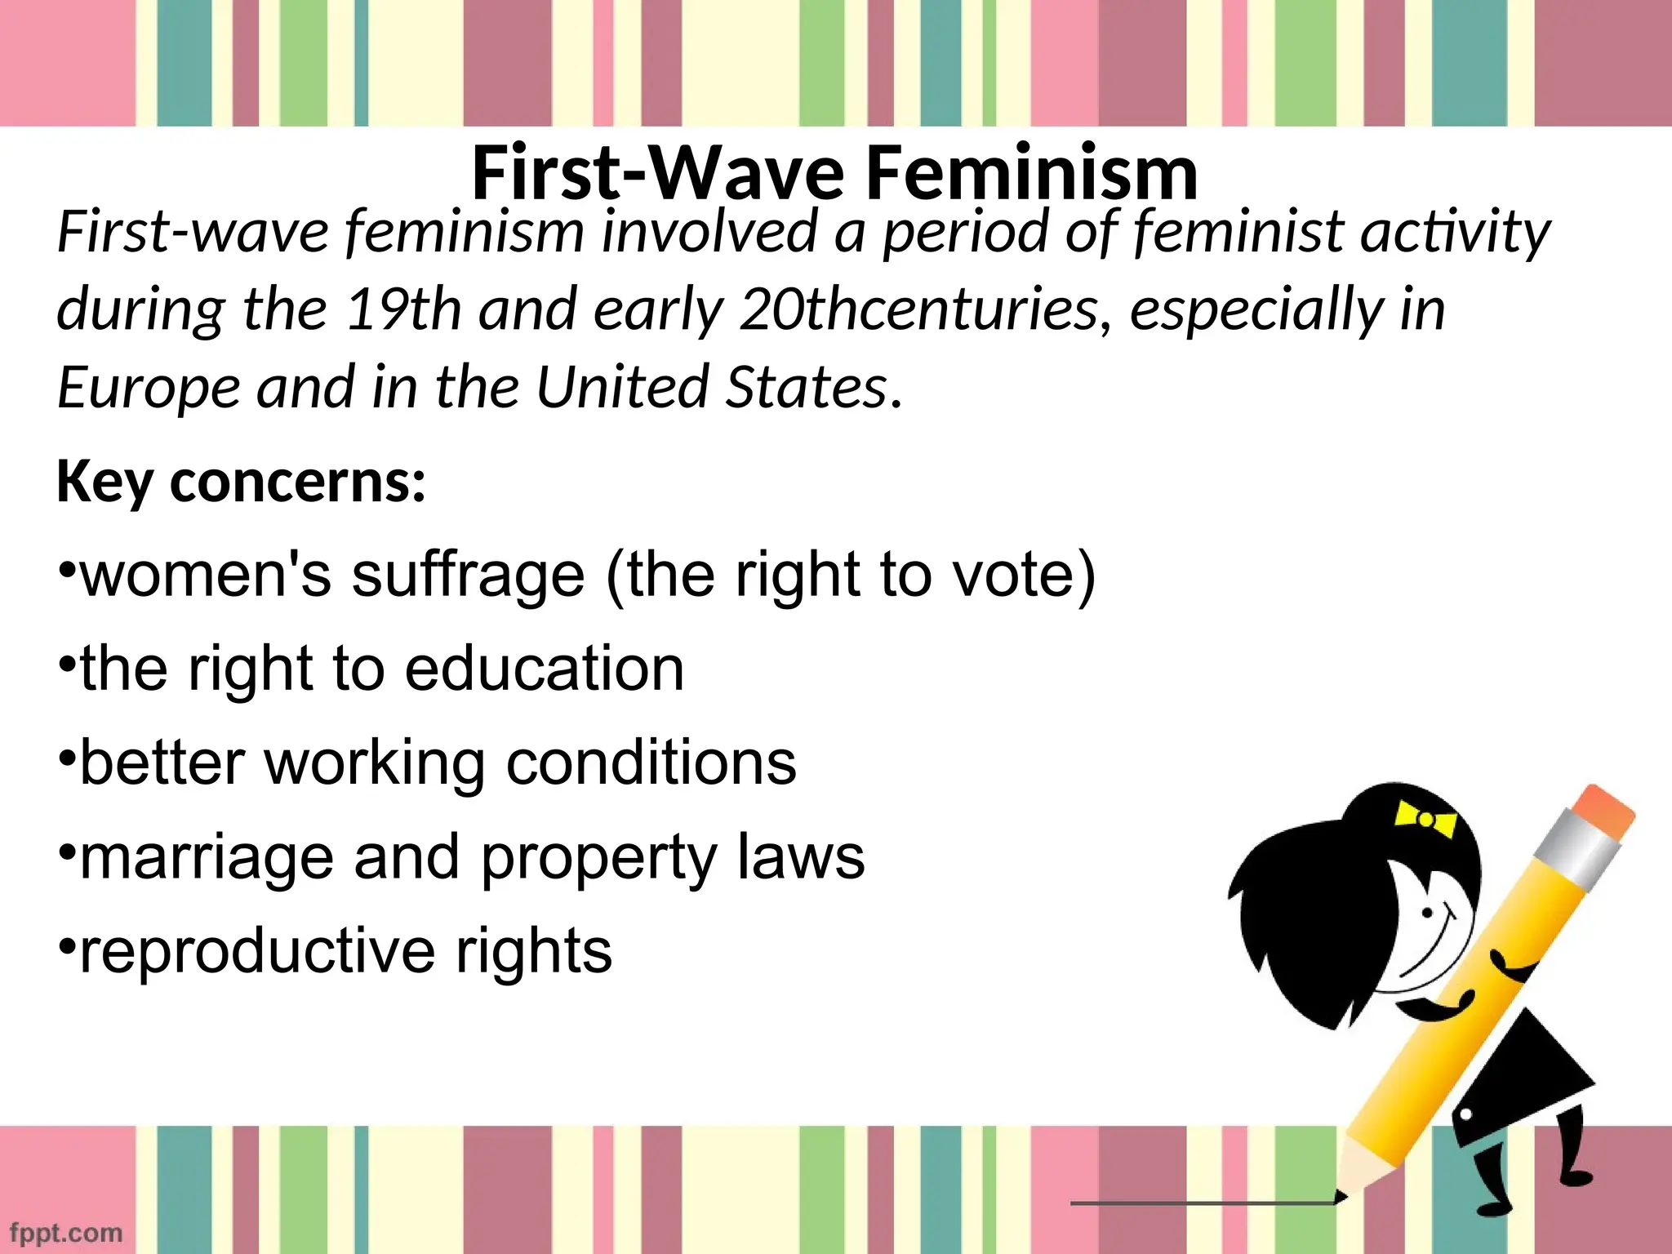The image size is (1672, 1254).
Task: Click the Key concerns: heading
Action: (241, 482)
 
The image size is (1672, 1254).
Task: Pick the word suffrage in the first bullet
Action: (469, 575)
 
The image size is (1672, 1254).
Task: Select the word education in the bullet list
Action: (544, 669)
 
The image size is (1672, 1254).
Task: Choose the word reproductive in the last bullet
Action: (258, 951)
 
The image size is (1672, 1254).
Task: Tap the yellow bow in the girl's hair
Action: (1425, 818)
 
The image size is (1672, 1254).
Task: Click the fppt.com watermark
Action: (66, 1232)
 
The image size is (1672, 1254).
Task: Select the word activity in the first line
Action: (1455, 233)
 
